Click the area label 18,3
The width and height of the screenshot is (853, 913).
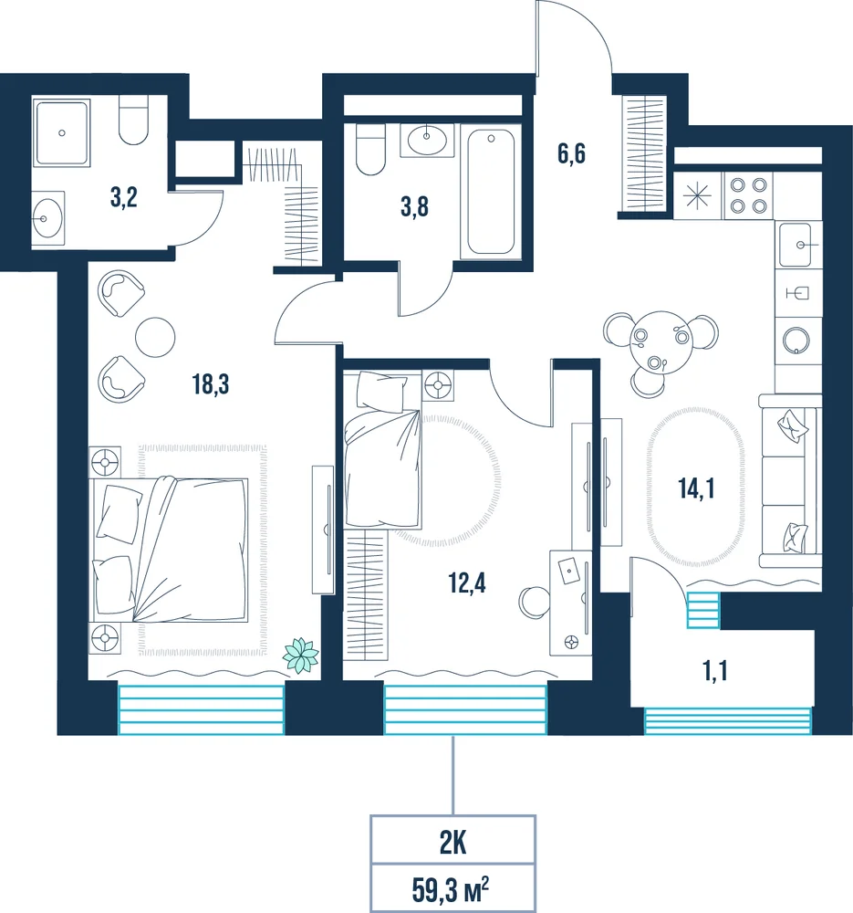pyautogui.click(x=211, y=384)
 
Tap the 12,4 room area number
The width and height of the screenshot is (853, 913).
pyautogui.click(x=467, y=582)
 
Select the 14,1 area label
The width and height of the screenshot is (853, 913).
pyautogui.click(x=696, y=488)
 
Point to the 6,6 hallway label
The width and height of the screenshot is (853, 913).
pyautogui.click(x=571, y=153)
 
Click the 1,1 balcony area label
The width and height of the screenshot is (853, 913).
pyautogui.click(x=715, y=671)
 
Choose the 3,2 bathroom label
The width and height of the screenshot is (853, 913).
pyautogui.click(x=124, y=198)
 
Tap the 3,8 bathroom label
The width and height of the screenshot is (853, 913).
pyautogui.click(x=415, y=206)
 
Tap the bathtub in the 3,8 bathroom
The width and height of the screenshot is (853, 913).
pyautogui.click(x=491, y=192)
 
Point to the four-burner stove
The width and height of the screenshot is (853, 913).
pyautogui.click(x=748, y=195)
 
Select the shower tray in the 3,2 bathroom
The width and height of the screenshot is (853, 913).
pyautogui.click(x=62, y=133)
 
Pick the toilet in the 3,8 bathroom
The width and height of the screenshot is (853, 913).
pyautogui.click(x=370, y=149)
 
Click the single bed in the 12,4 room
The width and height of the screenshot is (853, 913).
pyautogui.click(x=382, y=449)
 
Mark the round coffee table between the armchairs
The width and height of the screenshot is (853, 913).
pyautogui.click(x=155, y=337)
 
